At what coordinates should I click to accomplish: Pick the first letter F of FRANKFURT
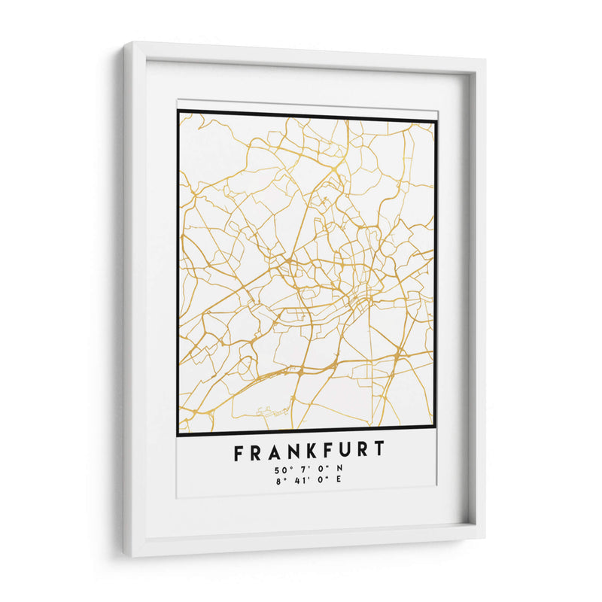coord(239,451)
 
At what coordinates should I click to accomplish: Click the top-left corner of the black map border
coord(178,111)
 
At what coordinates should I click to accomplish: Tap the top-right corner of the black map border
coord(436,119)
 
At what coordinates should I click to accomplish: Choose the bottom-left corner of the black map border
coord(178,434)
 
